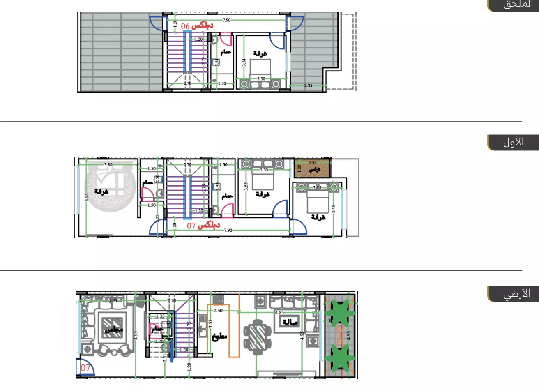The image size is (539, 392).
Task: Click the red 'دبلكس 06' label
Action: coord(197,26)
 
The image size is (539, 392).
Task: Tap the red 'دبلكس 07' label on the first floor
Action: coord(203,225)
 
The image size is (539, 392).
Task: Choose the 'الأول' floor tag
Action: coord(514,143)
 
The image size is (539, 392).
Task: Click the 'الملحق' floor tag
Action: coord(517,5)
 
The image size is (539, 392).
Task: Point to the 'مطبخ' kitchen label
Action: coord(219,337)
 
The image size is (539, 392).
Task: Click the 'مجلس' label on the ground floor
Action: coord(113,329)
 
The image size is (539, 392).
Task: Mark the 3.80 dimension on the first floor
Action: coord(108,164)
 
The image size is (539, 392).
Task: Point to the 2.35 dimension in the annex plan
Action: coord(308,85)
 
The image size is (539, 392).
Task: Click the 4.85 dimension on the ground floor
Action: coord(279,312)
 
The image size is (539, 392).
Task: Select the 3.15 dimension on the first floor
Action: coord(317,187)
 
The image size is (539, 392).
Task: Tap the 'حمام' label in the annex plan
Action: coord(226,52)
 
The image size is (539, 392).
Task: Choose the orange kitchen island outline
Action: coord(234,331)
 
